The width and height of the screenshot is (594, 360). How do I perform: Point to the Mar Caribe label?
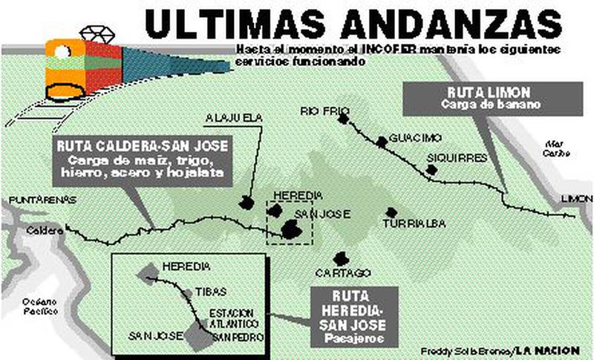tap(556, 148)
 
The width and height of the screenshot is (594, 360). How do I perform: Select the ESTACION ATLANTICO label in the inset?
tap(233, 318)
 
